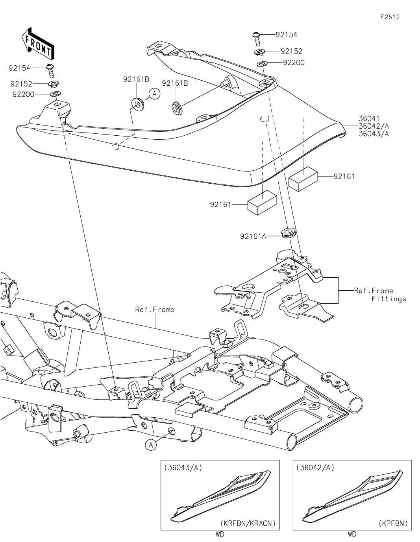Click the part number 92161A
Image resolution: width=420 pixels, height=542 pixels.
pyautogui.click(x=253, y=236)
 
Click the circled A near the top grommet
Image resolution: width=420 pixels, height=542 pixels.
pyautogui.click(x=154, y=94)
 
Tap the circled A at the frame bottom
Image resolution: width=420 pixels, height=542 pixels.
pyautogui.click(x=150, y=444)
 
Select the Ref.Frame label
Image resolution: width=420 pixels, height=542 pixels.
pyautogui.click(x=154, y=310)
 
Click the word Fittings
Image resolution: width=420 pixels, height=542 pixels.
pyautogui.click(x=389, y=299)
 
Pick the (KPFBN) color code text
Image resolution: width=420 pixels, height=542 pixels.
pyautogui.click(x=393, y=524)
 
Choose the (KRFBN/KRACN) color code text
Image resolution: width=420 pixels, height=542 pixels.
pyautogui.click(x=248, y=524)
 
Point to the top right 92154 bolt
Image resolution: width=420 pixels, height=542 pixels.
pyautogui.click(x=256, y=38)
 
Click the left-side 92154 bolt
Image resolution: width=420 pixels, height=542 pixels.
pyautogui.click(x=50, y=71)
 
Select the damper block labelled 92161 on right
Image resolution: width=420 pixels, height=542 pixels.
pyautogui.click(x=303, y=179)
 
